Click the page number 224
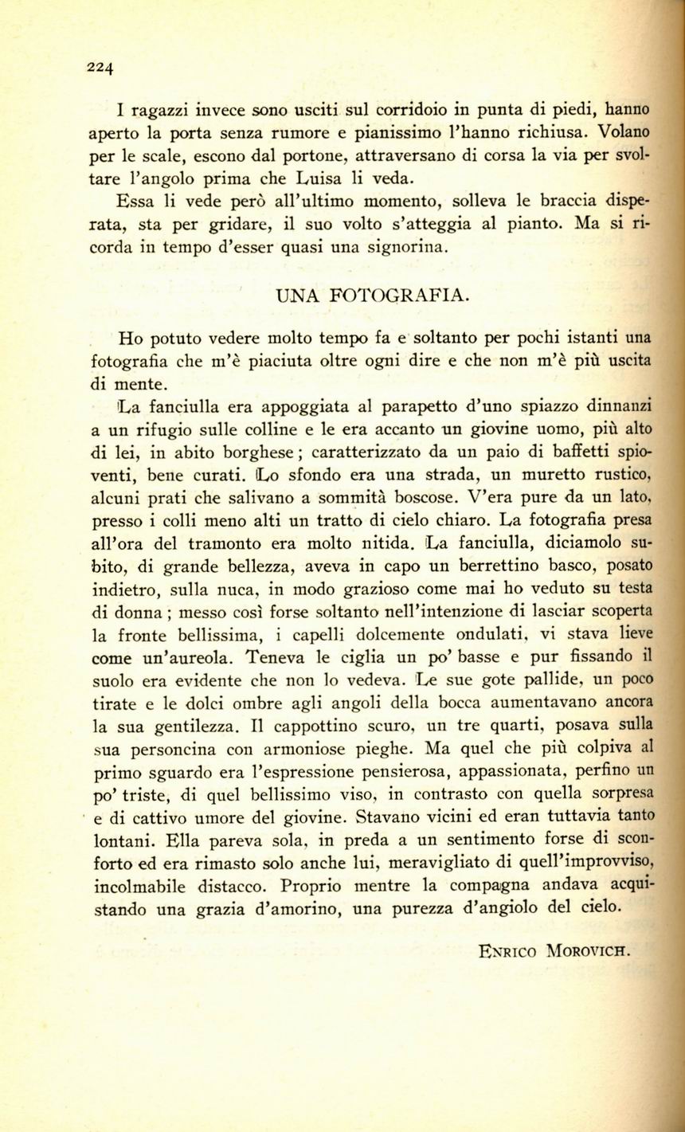point(101,67)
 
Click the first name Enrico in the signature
point(509,950)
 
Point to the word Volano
point(623,131)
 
